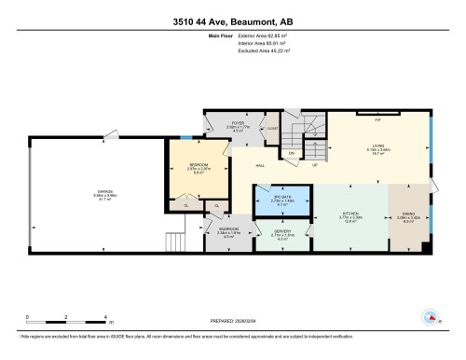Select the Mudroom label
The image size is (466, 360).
coord(228,231)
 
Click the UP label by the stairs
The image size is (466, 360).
coord(314,165)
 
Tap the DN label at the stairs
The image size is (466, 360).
coord(291,151)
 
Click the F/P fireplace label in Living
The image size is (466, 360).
coord(377,120)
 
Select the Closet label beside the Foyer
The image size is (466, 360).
coord(272,129)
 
